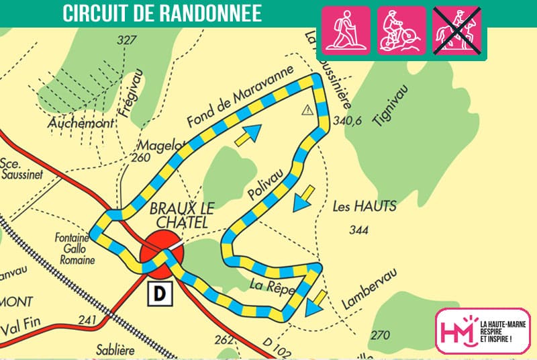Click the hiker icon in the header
click(346, 30)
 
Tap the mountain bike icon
click(401, 30)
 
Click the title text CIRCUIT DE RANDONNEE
click(162, 15)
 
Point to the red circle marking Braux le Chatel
click(161, 254)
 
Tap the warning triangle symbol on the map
click(307, 109)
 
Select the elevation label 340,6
click(348, 121)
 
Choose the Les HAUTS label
click(364, 207)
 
